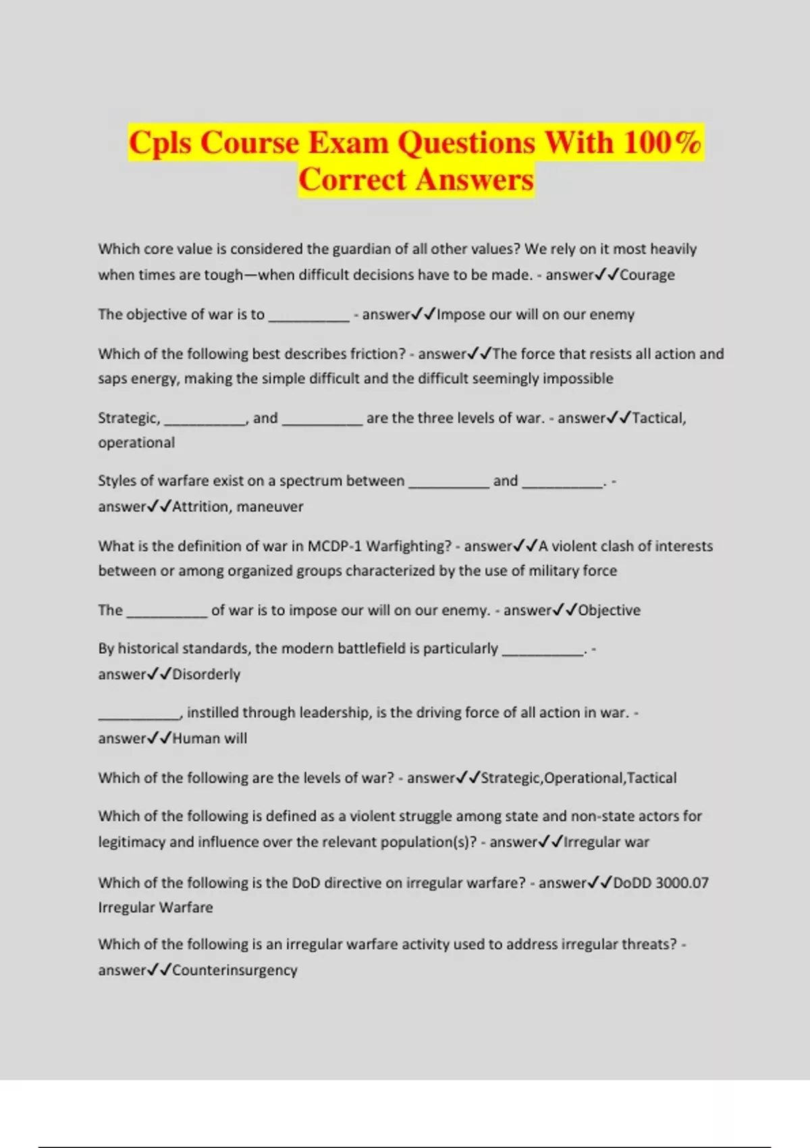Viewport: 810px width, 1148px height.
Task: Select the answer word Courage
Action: coord(647,275)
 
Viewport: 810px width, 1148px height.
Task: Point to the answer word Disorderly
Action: coord(206,674)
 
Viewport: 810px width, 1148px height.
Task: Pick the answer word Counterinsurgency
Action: coord(234,970)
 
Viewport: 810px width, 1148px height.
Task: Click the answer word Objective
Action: coord(609,610)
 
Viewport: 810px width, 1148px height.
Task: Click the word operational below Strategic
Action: coord(136,442)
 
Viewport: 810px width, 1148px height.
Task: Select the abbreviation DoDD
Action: coord(632,883)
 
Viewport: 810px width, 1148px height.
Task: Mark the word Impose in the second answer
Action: coord(460,314)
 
